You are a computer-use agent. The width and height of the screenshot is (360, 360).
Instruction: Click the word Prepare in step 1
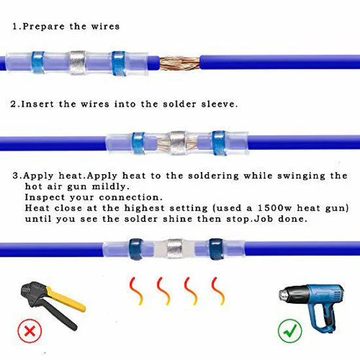coord(44,27)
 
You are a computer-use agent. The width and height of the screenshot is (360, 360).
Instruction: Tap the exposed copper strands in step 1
coord(179,63)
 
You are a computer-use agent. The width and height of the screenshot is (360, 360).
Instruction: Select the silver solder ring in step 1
coord(77,63)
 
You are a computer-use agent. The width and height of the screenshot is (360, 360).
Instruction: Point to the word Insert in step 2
coord(37,104)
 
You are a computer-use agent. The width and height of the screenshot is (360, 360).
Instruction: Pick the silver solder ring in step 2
coord(178,143)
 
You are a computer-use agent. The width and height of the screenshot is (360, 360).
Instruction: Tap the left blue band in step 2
coord(138,143)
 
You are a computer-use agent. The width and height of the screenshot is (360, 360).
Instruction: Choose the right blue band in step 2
coord(219,143)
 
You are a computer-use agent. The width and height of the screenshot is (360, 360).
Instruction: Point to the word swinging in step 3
coord(301,176)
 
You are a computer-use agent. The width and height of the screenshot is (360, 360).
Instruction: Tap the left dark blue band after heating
coord(136,249)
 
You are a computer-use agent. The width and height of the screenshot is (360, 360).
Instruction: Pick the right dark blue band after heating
coord(216,249)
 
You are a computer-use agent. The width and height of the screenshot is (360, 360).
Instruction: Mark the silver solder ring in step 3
coord(175,249)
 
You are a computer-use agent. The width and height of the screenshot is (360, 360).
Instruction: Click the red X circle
coord(30,331)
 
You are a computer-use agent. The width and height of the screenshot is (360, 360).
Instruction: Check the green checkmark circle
coord(290,331)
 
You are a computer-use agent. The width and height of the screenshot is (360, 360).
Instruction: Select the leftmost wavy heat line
coord(136,291)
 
